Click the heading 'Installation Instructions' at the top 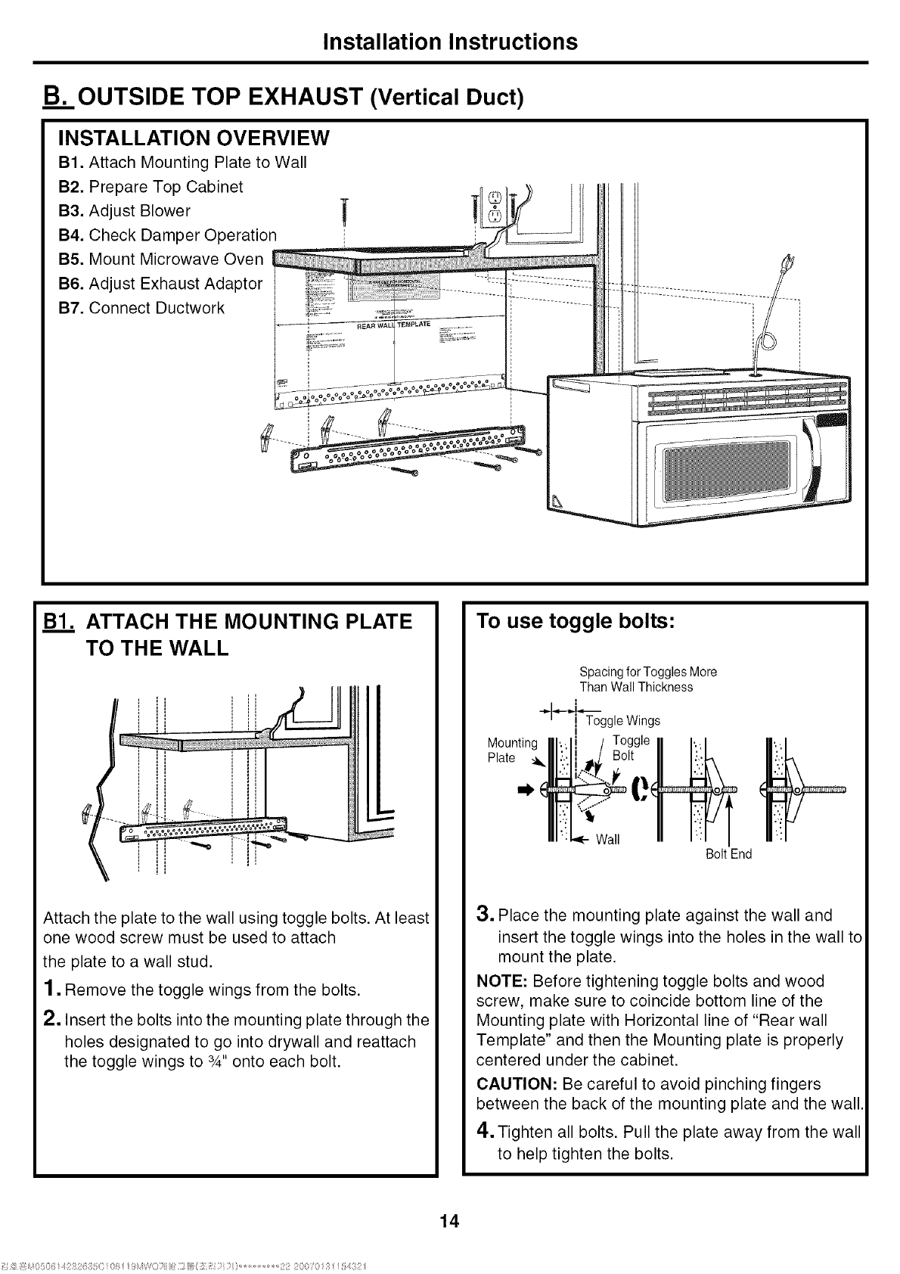(449, 41)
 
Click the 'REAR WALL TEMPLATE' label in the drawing (393, 325)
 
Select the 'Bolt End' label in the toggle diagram (728, 854)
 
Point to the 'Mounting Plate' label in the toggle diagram (512, 750)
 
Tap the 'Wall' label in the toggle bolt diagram (607, 840)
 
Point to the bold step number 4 (485, 1132)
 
